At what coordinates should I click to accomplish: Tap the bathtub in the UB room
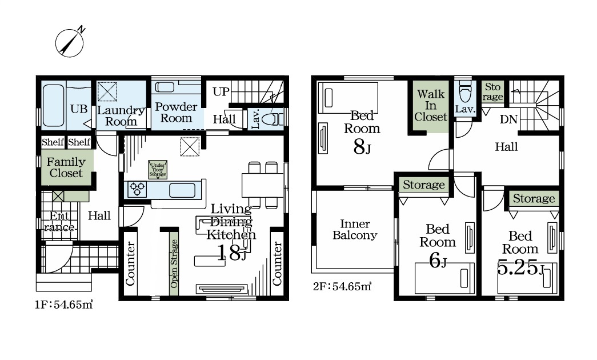[x=53, y=105]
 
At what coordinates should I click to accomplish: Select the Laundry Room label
[x=121, y=116]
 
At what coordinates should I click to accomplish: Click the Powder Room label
[x=176, y=112]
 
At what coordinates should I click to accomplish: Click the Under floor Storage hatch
[x=158, y=170]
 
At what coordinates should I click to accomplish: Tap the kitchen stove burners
[x=138, y=189]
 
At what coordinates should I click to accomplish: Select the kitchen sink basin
[x=182, y=190]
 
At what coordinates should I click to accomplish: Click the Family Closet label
[x=66, y=167]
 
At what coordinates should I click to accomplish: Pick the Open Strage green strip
[x=174, y=263]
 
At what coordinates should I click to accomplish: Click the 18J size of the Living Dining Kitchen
[x=232, y=253]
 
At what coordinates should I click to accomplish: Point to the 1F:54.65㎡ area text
[x=64, y=305]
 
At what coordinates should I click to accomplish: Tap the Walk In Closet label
[x=431, y=105]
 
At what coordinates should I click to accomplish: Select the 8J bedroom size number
[x=362, y=147]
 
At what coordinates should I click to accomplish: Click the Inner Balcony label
[x=355, y=229]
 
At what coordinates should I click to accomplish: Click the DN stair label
[x=508, y=119]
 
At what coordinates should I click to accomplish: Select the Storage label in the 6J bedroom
[x=424, y=185]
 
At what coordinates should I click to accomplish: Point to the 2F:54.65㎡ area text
[x=342, y=286]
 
